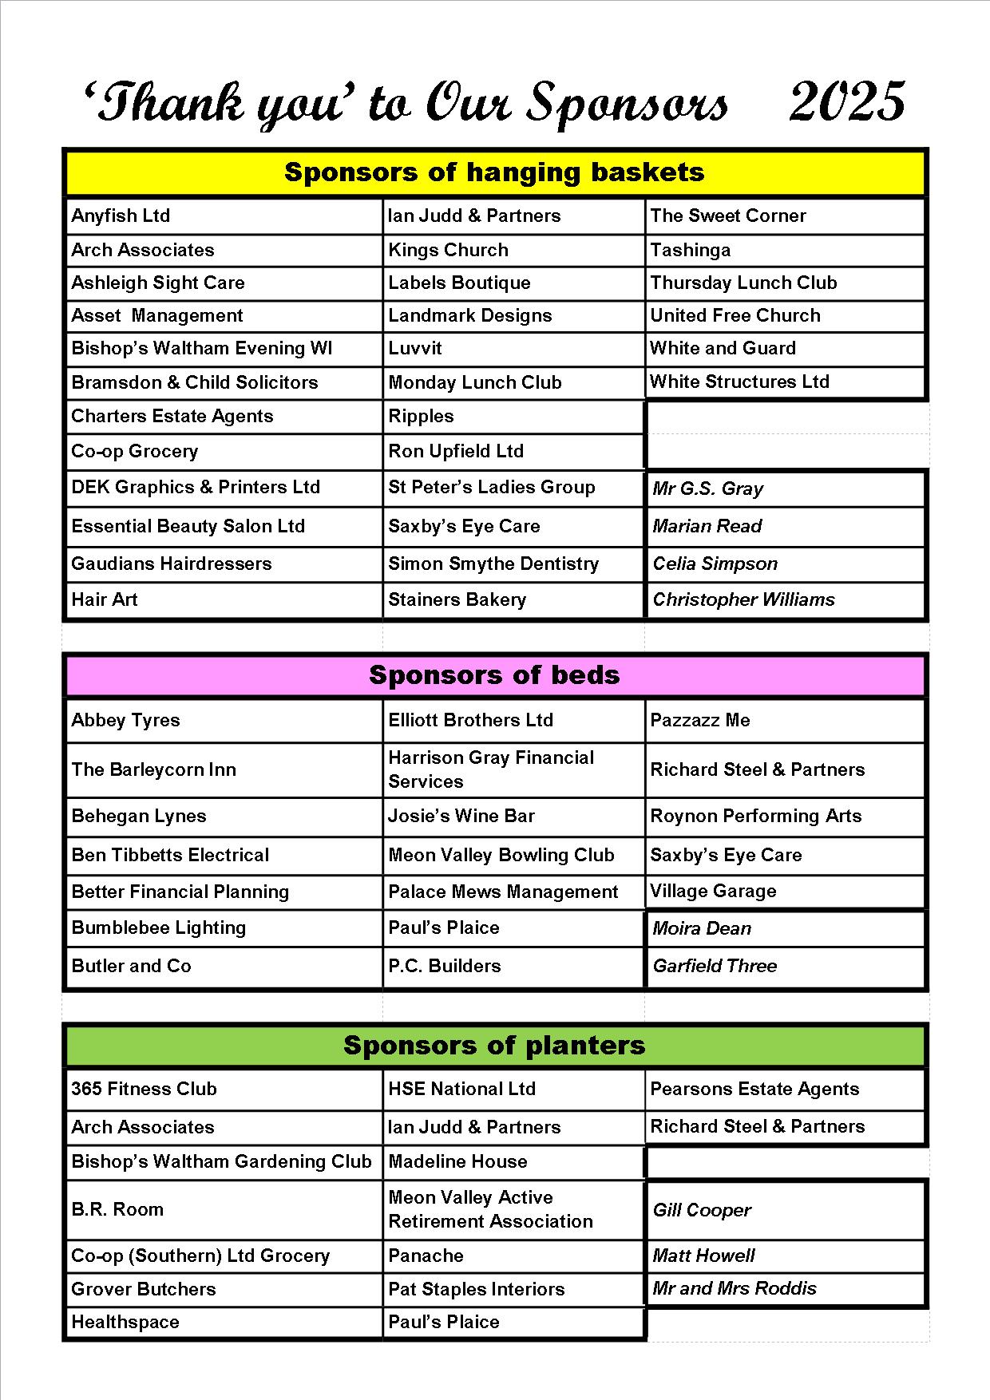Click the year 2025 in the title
[x=847, y=102]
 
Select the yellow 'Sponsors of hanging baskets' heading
[x=494, y=172]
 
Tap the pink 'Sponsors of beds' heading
[x=494, y=675]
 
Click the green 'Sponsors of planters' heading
[x=494, y=1046]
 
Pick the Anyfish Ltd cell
[x=121, y=216]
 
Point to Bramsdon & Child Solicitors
[x=194, y=382]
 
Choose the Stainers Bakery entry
[x=457, y=599]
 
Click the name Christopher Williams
[x=743, y=599]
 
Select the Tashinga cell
[x=690, y=250]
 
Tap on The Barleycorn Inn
[x=153, y=769]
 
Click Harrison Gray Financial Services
[x=490, y=769]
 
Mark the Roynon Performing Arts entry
[x=755, y=816]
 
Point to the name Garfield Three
[x=715, y=966]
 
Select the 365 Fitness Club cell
[x=144, y=1089]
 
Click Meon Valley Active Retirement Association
[x=490, y=1209]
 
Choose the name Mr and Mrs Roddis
[x=735, y=1288]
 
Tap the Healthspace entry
[x=125, y=1322]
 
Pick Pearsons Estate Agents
[x=754, y=1089]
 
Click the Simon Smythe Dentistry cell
[x=493, y=564]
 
